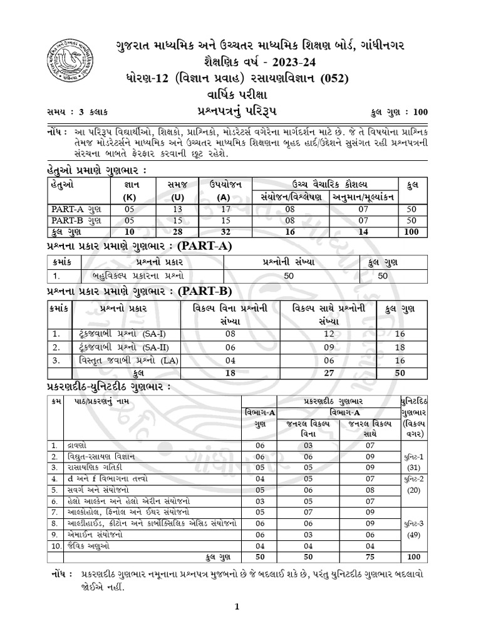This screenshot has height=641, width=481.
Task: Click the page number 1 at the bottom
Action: [237, 606]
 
